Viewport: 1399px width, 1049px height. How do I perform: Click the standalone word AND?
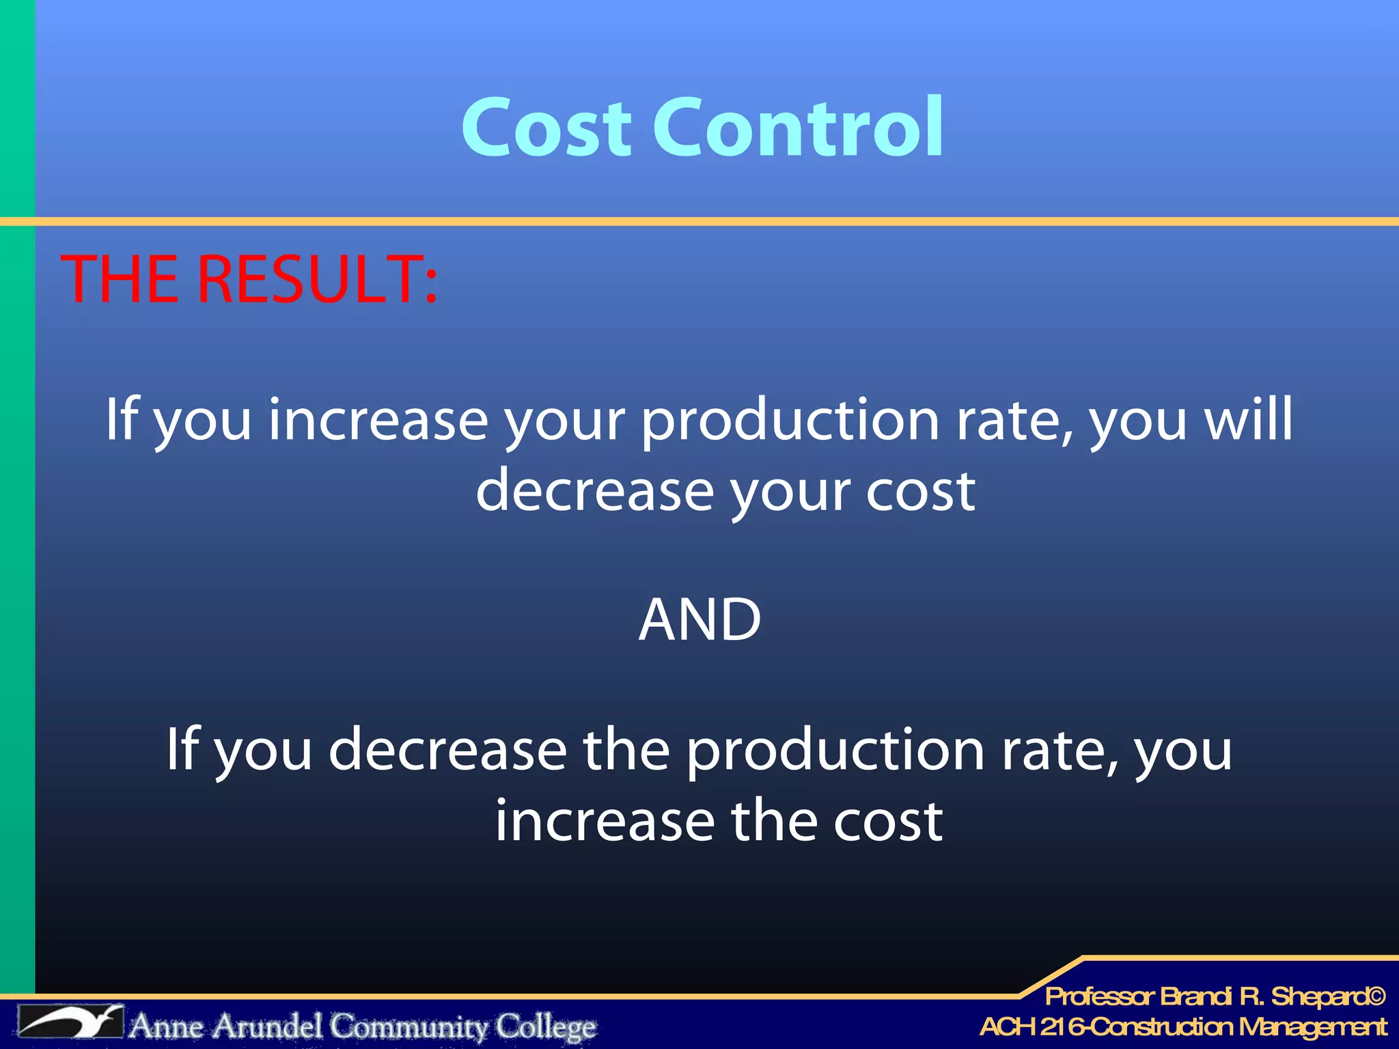point(699,619)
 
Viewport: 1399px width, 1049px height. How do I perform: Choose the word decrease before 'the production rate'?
point(447,749)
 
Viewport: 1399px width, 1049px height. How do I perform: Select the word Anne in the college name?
point(167,1026)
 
